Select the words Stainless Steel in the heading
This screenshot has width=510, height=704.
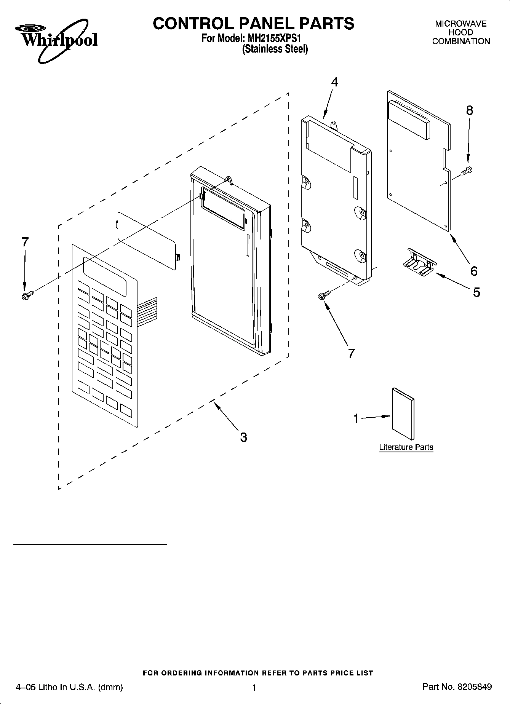tap(275, 49)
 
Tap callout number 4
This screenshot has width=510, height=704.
tap(334, 82)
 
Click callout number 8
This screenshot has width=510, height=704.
tap(470, 110)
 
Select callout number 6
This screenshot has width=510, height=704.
tap(473, 271)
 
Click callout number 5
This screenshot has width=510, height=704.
tap(476, 292)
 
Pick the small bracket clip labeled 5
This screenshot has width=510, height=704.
tap(418, 263)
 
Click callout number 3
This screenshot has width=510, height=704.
tap(243, 437)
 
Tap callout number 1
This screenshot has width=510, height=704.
tap(356, 419)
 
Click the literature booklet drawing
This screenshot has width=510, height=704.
tap(403, 413)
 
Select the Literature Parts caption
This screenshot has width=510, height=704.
tap(406, 447)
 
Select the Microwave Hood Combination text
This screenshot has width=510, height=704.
tap(461, 33)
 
